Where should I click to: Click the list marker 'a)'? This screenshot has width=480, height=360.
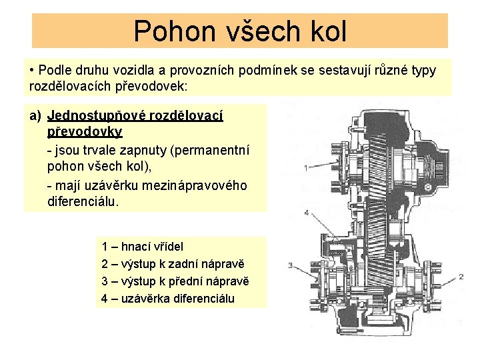coord(36,116)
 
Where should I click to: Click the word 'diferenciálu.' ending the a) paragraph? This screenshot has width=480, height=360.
coord(83,201)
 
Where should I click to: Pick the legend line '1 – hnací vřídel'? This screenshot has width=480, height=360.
coord(142,246)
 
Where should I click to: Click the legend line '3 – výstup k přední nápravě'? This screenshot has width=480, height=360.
coord(176,281)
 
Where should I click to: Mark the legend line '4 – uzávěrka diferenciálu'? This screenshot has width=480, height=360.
coord(168,298)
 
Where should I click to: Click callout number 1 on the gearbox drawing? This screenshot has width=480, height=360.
coord(306,168)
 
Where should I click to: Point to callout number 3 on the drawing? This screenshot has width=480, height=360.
coord(291,265)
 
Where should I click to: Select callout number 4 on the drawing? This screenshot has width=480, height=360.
coord(306,213)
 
